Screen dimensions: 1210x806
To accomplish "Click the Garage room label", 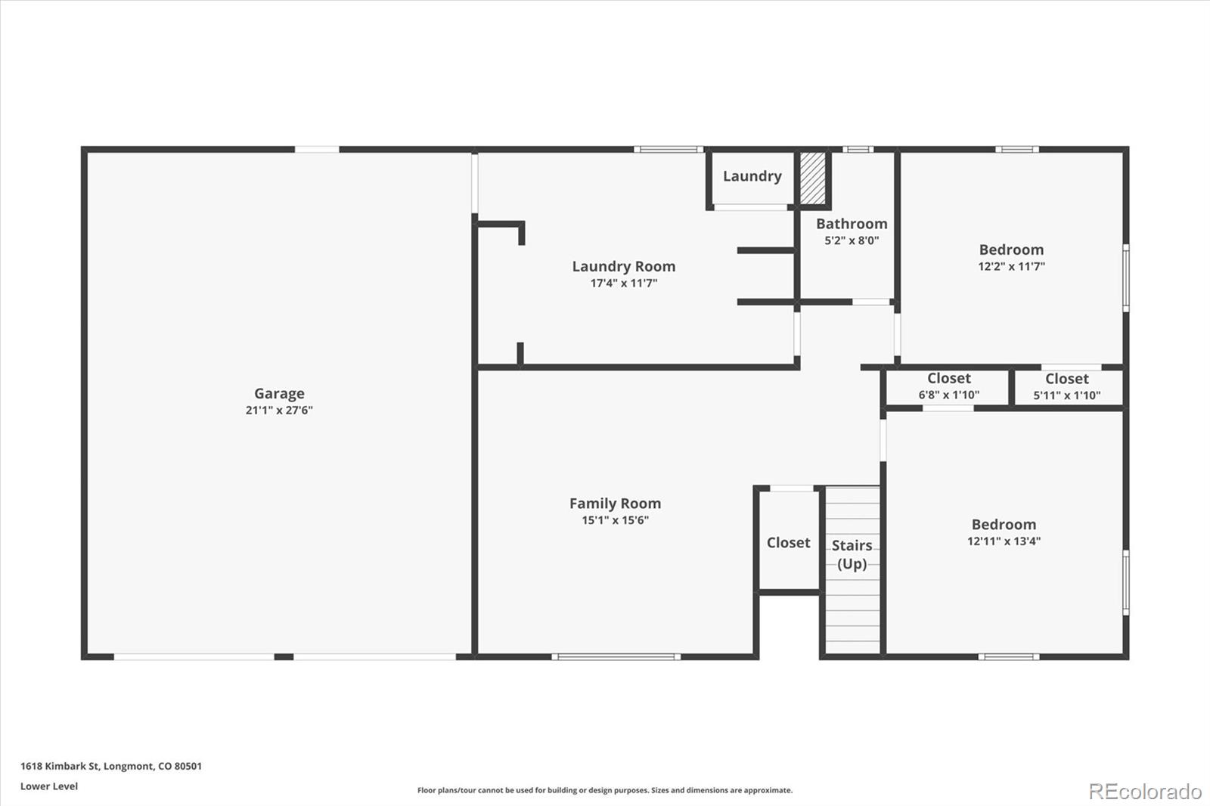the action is tap(279, 393).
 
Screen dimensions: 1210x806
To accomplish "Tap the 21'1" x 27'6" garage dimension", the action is tap(279, 410).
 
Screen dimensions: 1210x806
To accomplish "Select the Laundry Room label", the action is tap(624, 266).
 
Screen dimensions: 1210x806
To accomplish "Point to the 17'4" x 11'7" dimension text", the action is tap(624, 283).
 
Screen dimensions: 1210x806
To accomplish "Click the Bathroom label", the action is tap(852, 224).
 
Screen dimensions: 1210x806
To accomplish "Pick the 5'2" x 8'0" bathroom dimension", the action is tap(852, 240).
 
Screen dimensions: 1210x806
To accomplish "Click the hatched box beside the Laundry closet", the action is tap(813, 178).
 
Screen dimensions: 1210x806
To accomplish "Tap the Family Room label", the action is tap(616, 504).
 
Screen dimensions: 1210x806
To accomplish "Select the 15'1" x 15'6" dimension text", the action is tap(616, 520).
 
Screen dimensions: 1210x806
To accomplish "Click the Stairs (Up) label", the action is tap(852, 555).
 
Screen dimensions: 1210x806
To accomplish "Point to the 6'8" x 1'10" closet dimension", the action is tap(949, 395).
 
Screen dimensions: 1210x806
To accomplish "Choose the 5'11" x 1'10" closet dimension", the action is tap(1067, 395).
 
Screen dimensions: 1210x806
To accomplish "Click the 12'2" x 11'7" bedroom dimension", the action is tap(1012, 266).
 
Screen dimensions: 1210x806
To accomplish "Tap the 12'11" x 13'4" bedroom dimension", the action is tap(1004, 541).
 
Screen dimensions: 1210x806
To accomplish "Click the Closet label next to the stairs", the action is tap(789, 542).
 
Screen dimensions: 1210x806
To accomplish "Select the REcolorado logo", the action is tap(1145, 792).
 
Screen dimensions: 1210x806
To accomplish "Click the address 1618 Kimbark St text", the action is tap(60, 766).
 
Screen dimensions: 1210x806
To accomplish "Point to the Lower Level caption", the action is tap(49, 786).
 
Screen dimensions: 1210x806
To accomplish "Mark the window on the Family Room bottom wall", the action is tap(616, 657).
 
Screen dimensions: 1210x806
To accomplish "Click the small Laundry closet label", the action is tap(752, 176).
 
